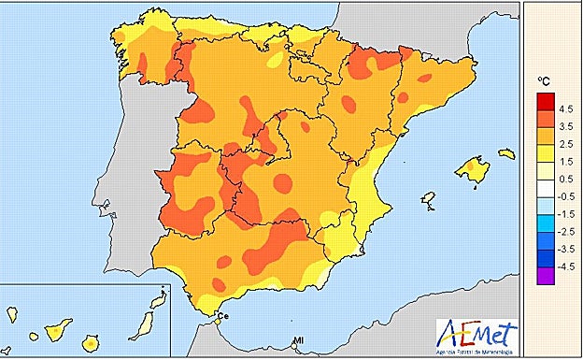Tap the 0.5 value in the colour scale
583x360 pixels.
pyautogui.click(x=566, y=178)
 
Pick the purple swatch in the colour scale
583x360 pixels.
pyautogui.click(x=544, y=276)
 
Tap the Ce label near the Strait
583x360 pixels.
pyautogui.click(x=225, y=315)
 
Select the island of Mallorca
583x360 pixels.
pyautogui.click(x=474, y=170)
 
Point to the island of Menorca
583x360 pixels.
pyautogui.click(x=506, y=152)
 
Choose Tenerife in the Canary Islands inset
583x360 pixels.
pyautogui.click(x=59, y=329)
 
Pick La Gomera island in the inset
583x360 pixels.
pyautogui.click(x=36, y=335)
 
